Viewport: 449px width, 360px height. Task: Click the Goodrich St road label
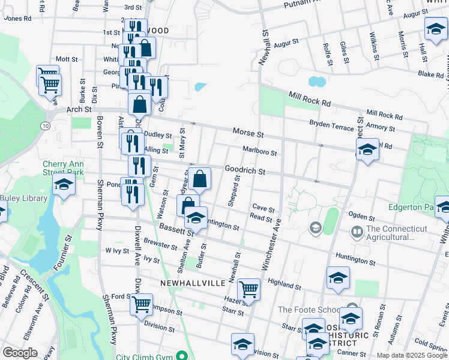(245, 171)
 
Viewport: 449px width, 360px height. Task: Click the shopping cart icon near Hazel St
(249, 289)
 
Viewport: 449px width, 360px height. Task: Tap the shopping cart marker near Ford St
(141, 304)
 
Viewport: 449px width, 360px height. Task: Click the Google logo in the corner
(20, 352)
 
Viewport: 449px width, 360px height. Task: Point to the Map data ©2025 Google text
(411, 355)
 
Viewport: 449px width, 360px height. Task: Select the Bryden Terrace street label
(331, 124)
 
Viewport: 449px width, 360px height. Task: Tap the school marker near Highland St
(338, 278)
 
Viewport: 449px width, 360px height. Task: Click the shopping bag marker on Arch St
(139, 103)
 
